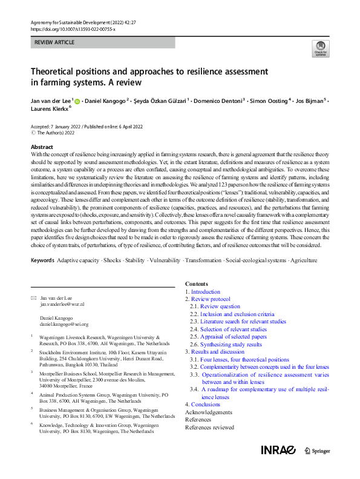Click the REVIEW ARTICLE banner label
tap(55, 42)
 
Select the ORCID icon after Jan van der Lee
tap(77, 101)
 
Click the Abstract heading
tap(42, 147)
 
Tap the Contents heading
tap(196, 283)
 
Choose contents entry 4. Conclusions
tap(203, 404)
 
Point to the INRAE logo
tap(278, 450)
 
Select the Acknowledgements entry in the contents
tap(208, 412)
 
